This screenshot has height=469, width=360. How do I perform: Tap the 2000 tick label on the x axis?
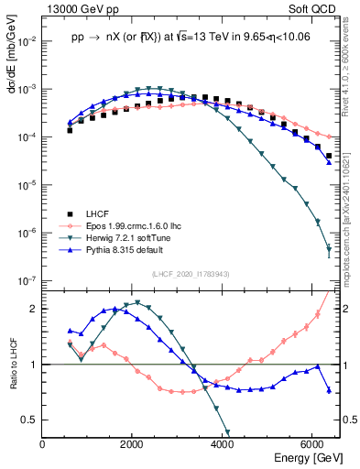click(132, 444)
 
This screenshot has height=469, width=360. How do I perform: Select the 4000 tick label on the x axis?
click(222, 444)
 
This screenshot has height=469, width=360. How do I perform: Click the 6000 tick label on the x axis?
click(311, 444)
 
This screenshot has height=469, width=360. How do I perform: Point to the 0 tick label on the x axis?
click(43, 444)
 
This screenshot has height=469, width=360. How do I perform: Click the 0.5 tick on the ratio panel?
click(28, 420)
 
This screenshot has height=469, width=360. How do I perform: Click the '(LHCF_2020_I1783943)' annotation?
click(191, 274)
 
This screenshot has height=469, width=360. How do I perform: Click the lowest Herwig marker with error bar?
click(328, 250)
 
